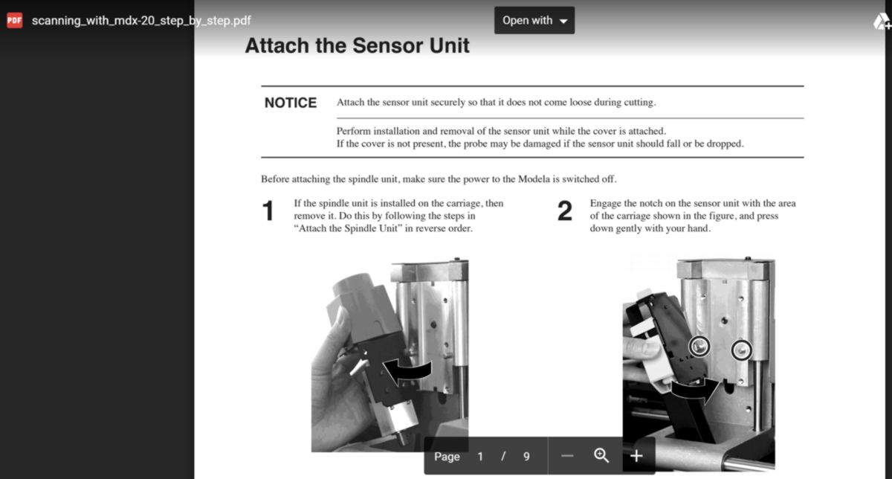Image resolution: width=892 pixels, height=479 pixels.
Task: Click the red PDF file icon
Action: pyautogui.click(x=15, y=20)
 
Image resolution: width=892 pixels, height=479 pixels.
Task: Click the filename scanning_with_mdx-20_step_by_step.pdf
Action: pyautogui.click(x=141, y=21)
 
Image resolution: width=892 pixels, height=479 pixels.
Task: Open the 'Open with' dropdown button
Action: pyautogui.click(x=534, y=20)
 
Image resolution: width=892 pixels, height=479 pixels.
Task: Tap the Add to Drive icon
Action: pyautogui.click(x=882, y=21)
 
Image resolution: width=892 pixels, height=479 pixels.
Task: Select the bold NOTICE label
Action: pyautogui.click(x=291, y=103)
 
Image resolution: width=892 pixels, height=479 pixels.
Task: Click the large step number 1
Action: pyautogui.click(x=268, y=210)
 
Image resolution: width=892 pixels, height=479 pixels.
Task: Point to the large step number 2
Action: pyautogui.click(x=565, y=210)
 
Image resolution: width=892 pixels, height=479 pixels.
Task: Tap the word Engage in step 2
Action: pyautogui.click(x=605, y=204)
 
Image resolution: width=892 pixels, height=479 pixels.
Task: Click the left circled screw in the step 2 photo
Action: pyautogui.click(x=699, y=347)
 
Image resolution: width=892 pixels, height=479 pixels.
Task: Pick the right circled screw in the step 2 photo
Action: pyautogui.click(x=742, y=350)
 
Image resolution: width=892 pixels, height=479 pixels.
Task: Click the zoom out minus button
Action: pyautogui.click(x=567, y=456)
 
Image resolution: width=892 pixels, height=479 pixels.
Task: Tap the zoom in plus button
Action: pyautogui.click(x=636, y=456)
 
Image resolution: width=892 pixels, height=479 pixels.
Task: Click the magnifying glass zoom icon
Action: pyautogui.click(x=601, y=455)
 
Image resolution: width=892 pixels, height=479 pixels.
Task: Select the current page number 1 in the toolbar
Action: pyautogui.click(x=480, y=457)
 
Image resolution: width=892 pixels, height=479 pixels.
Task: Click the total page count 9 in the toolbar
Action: pyautogui.click(x=526, y=457)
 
